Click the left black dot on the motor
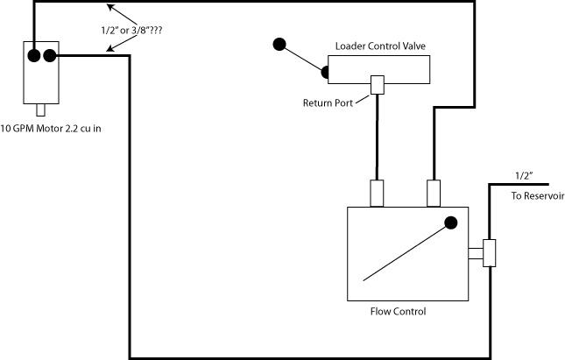click(33, 57)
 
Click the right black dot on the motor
click(49, 57)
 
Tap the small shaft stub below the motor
click(40, 110)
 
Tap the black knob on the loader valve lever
click(279, 44)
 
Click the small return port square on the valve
click(378, 85)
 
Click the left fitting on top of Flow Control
click(378, 193)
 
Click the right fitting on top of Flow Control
click(433, 193)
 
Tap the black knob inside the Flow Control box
click(451, 222)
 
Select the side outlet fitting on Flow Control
click(487, 253)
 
